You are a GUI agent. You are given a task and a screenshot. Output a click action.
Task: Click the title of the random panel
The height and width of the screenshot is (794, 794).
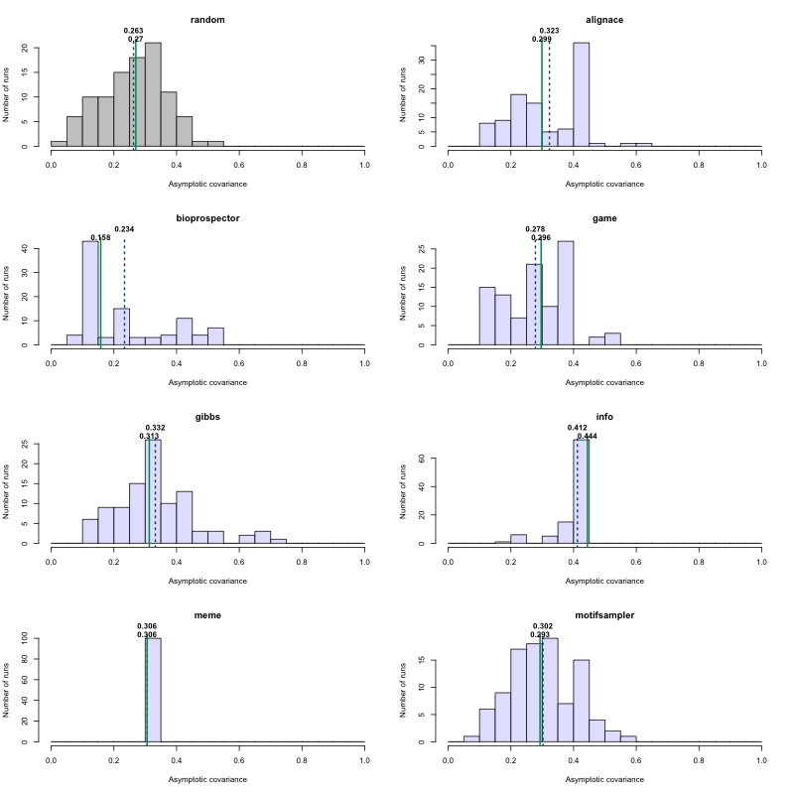[x=207, y=20]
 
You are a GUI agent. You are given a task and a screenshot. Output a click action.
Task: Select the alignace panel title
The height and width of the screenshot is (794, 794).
[x=604, y=20]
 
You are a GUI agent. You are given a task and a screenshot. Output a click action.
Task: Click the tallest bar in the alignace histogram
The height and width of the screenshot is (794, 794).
[x=581, y=94]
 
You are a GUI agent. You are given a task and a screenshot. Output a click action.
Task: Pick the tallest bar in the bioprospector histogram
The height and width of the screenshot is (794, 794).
[x=90, y=293]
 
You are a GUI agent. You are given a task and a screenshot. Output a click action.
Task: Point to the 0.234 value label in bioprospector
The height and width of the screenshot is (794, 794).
[x=124, y=229]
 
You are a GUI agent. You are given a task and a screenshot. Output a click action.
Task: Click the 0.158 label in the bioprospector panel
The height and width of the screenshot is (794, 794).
[x=100, y=237]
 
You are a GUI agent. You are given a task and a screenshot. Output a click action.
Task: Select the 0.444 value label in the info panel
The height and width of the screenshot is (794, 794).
[x=588, y=436]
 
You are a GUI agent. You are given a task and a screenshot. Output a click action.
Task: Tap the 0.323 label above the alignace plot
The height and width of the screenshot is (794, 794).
[x=549, y=31]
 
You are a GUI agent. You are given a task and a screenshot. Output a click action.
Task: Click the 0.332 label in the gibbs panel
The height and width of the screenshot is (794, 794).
[x=155, y=428]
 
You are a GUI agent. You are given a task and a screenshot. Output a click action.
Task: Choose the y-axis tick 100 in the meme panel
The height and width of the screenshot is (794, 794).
[x=36, y=638]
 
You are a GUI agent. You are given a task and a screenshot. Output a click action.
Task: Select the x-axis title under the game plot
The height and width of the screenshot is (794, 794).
[x=604, y=382]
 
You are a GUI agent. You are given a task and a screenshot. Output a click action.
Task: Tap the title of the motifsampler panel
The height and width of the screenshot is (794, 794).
[x=604, y=615]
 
